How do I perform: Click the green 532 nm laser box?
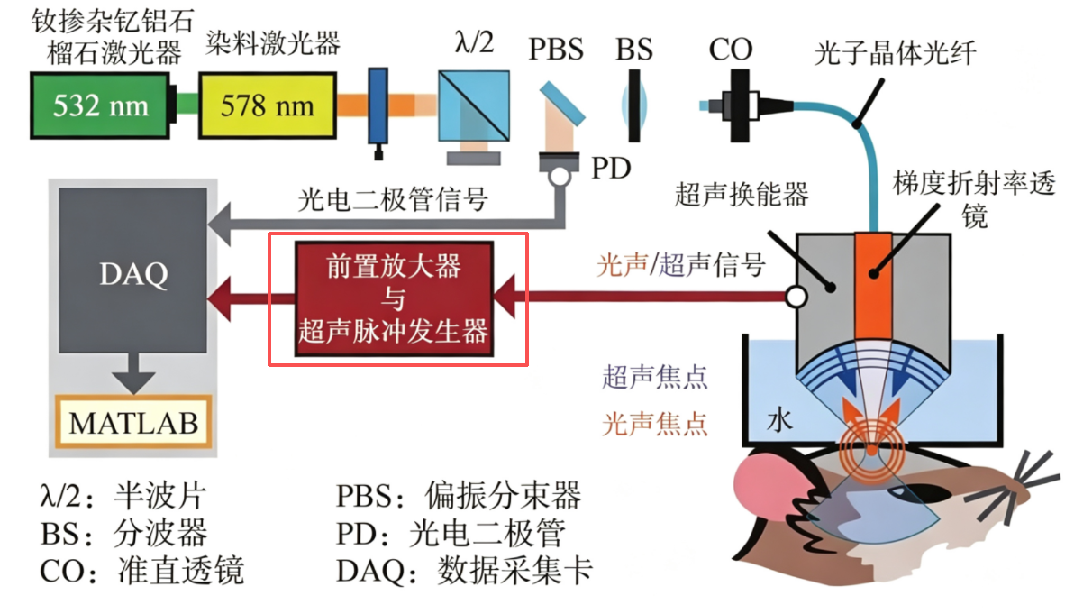pos(100,105)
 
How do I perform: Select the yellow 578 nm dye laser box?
pos(267,105)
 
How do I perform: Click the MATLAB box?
pos(133,422)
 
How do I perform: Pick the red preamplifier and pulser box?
pos(394,298)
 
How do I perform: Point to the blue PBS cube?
pos(474,105)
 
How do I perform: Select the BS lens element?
pos(633,106)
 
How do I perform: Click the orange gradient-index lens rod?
pos(873,287)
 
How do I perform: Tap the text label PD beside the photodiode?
pos(611,168)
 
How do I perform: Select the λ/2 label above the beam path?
pos(474,43)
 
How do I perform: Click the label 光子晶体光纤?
pos(895,52)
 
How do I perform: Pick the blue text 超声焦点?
pos(655,377)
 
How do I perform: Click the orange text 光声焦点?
pos(655,424)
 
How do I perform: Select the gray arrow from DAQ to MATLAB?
pos(133,372)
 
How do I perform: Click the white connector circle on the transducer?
pos(796,297)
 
